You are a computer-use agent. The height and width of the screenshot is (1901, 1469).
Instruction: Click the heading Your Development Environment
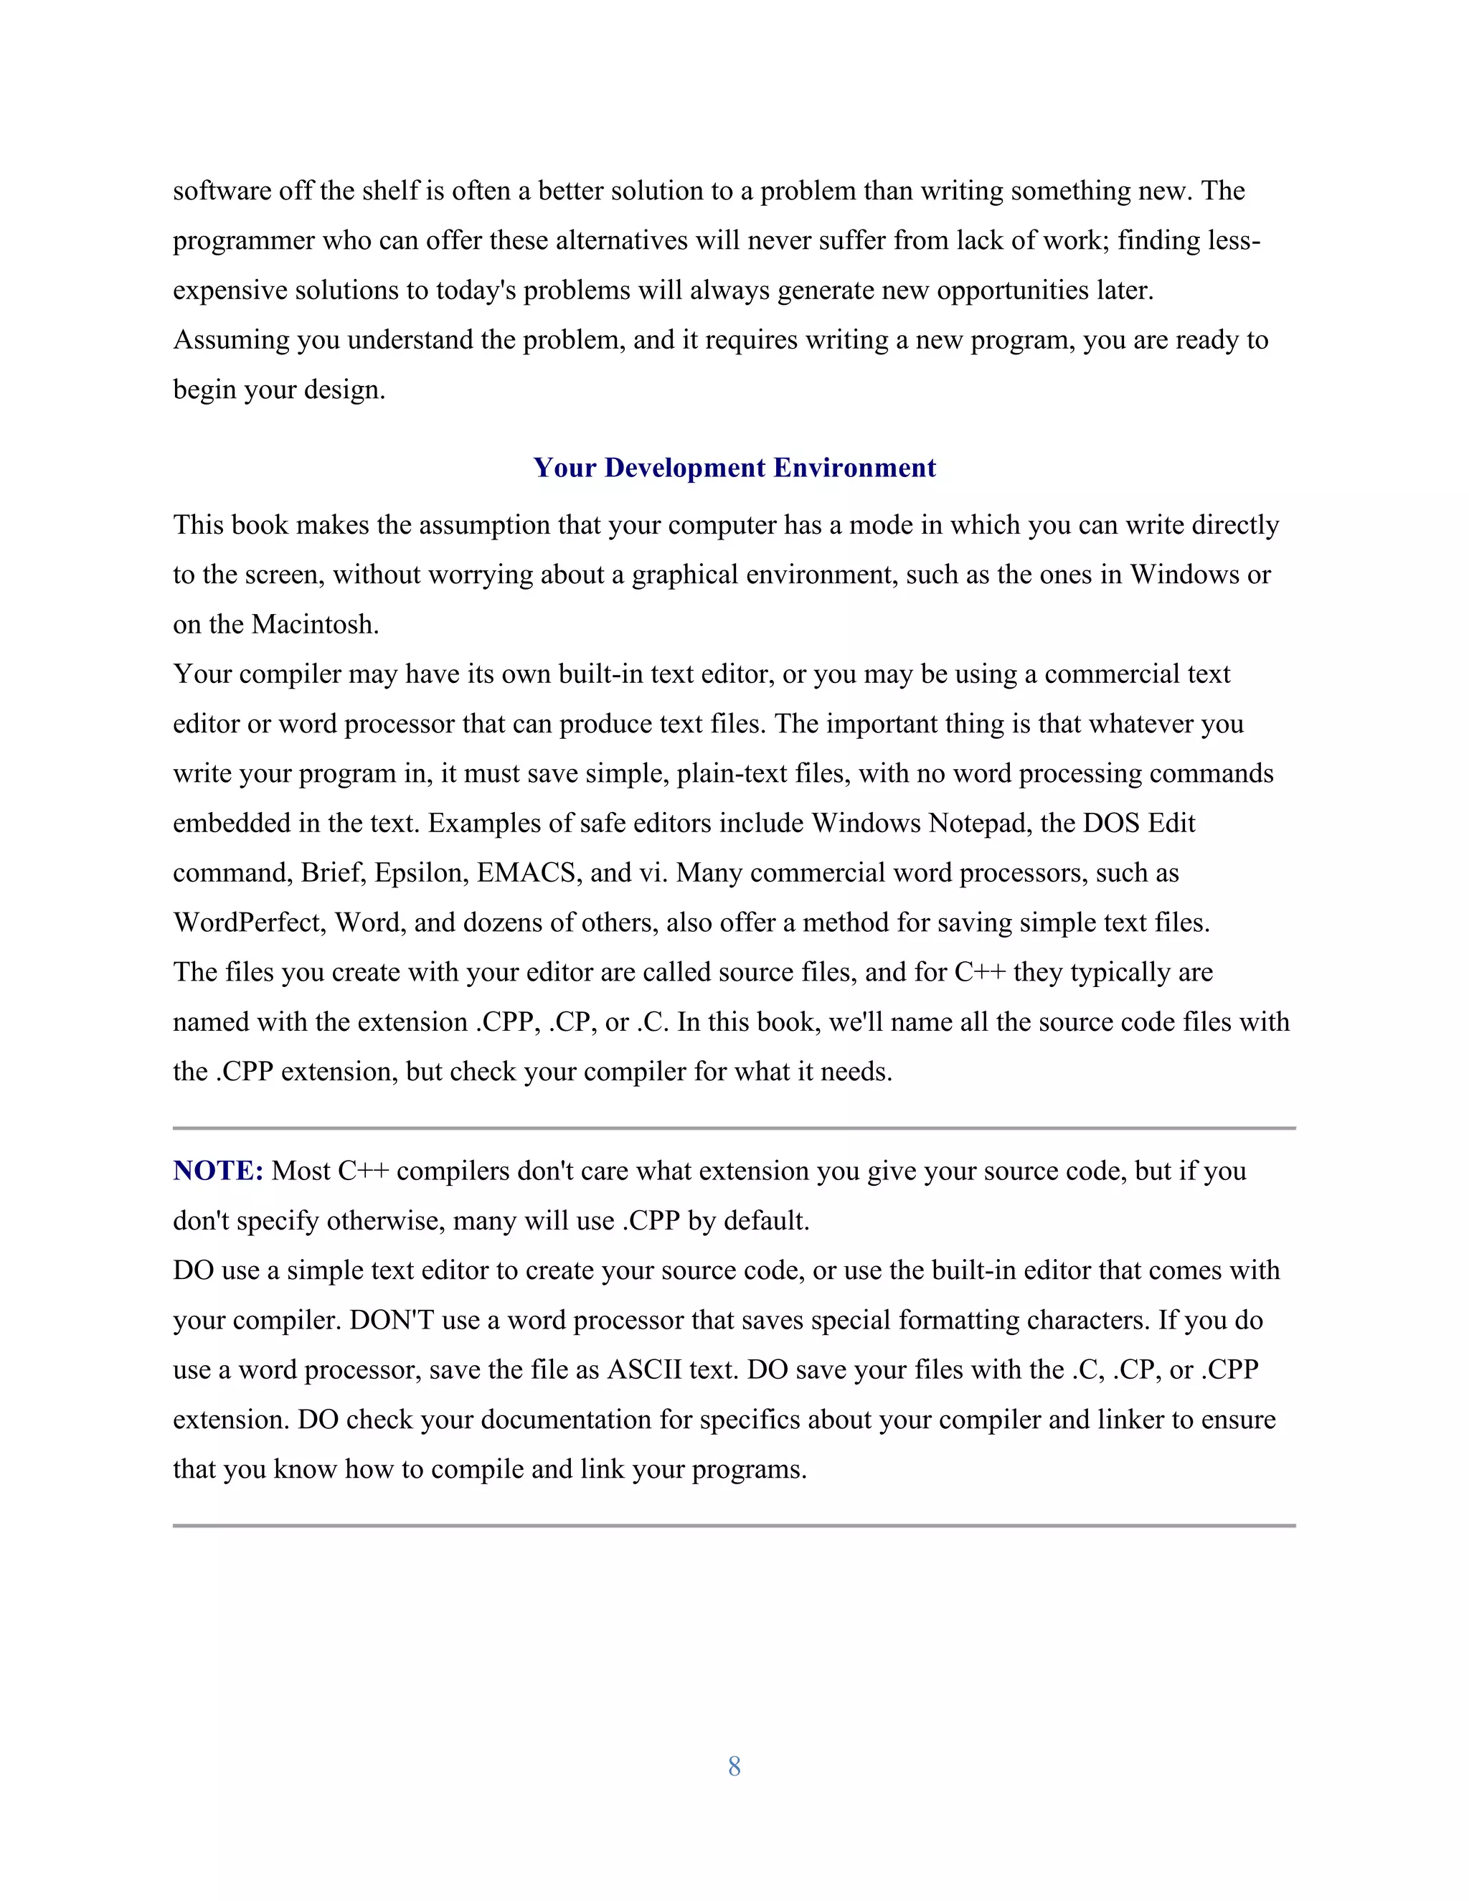coord(734,468)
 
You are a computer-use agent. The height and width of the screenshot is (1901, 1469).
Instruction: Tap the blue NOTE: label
coord(217,1171)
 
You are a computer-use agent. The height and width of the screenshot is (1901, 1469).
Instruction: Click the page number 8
coord(734,1766)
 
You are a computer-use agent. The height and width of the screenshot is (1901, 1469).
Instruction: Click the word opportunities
coord(1014,290)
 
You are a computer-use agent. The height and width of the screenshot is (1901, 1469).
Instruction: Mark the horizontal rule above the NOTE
coord(734,1128)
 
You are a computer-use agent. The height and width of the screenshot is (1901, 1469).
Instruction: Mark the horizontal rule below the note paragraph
coord(734,1525)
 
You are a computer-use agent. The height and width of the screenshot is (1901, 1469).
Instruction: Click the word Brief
coord(331,872)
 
